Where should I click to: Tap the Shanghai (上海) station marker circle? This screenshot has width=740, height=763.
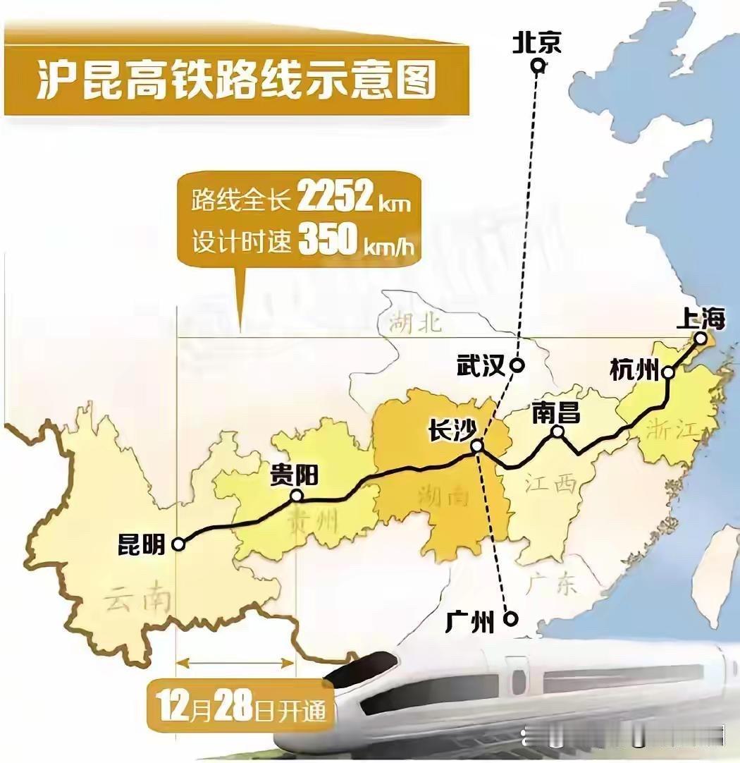point(700,338)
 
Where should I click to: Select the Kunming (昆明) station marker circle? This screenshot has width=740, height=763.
point(178,544)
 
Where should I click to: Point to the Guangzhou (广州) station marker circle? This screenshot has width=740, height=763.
point(511,619)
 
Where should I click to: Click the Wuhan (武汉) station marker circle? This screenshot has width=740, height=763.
point(517,365)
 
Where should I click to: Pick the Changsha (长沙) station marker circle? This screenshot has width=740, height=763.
point(477,446)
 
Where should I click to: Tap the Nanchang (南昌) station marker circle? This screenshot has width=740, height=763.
point(557,432)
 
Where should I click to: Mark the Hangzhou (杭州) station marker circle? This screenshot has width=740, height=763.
point(668,373)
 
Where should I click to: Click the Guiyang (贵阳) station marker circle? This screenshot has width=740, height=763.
point(297,496)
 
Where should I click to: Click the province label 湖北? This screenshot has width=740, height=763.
point(416,322)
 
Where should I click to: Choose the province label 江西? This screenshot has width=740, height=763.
point(551,484)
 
